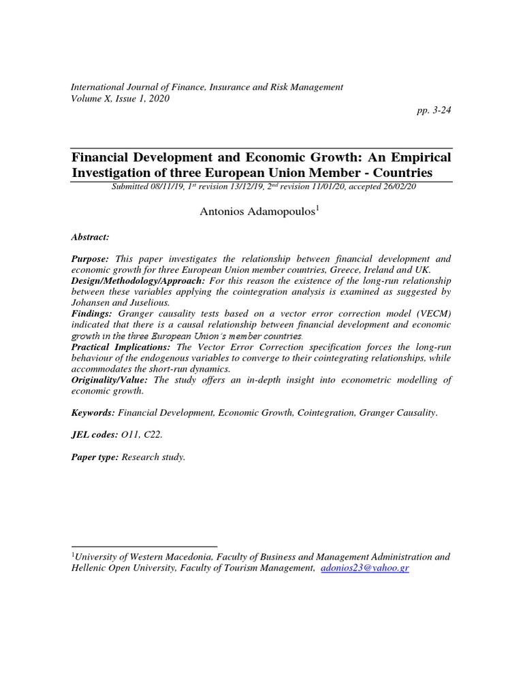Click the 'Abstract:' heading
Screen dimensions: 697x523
[90, 237]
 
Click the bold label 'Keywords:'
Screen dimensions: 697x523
[93, 412]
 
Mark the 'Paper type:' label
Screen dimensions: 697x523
[95, 457]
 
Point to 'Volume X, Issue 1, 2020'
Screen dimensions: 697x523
[121, 98]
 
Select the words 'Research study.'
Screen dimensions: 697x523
[153, 457]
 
